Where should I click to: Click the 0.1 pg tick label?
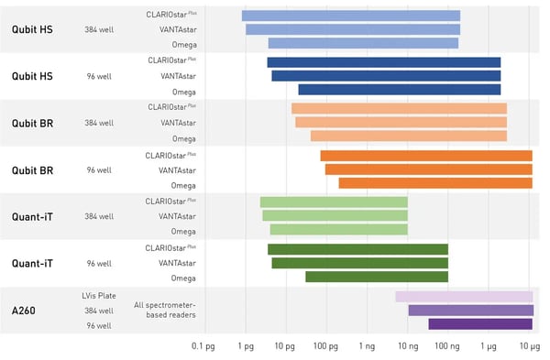(203, 347)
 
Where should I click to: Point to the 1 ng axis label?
(367, 347)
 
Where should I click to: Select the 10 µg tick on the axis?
(530, 347)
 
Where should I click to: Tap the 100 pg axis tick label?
(325, 347)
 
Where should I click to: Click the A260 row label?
(26, 310)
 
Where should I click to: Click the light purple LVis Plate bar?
(464, 296)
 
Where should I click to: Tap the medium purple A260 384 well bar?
(470, 311)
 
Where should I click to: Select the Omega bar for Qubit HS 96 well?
(400, 90)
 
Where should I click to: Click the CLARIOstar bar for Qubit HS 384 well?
(351, 16)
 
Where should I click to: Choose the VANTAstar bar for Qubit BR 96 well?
(428, 169)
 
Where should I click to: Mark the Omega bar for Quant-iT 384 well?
(338, 230)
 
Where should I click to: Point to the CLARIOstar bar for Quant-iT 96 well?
(357, 249)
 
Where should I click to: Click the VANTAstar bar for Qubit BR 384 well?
(401, 122)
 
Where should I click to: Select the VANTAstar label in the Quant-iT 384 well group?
(178, 216)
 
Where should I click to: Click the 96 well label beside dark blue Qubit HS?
(99, 76)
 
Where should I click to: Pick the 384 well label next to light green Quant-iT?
(98, 216)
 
